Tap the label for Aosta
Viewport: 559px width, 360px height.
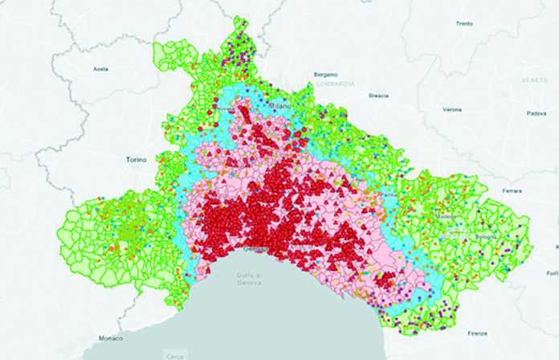(x=101, y=69)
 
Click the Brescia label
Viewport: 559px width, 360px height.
(x=379, y=96)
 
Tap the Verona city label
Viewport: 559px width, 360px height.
(x=452, y=108)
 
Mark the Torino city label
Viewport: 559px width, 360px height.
(x=136, y=160)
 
